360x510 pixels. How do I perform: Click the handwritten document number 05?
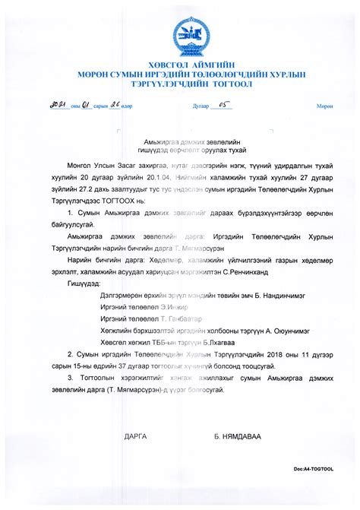(x=201, y=106)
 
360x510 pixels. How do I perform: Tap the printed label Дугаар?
(x=179, y=108)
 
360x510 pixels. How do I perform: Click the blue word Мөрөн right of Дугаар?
(x=324, y=108)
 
